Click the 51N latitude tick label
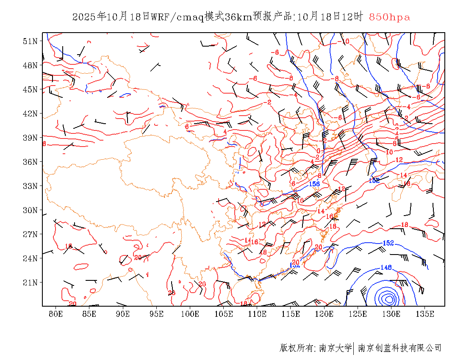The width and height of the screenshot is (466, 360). coord(31,41)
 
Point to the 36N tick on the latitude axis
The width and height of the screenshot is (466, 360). coord(31,162)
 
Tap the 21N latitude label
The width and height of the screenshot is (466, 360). coord(31,282)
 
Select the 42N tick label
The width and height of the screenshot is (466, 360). coord(31,114)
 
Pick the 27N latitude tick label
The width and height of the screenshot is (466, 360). coord(31,234)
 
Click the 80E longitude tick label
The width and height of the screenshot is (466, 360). coord(56,314)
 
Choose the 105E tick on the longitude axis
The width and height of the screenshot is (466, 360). coord(224,314)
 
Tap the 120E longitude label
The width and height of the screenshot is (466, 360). coord(325,314)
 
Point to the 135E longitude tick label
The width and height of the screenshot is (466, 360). coord(425,314)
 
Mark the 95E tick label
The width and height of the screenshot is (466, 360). coord(157,314)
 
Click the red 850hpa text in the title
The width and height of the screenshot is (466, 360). coord(389,17)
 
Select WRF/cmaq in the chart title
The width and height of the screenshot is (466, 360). coord(177,17)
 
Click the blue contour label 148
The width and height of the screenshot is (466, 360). coord(386,267)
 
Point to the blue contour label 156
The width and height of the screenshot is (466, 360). coord(314,184)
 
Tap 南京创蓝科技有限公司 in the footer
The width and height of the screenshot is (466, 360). coord(399,348)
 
